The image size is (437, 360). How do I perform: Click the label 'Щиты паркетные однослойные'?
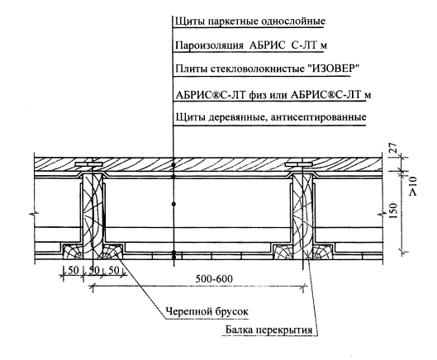(250, 21)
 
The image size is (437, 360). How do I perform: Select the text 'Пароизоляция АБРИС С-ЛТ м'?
(251, 45)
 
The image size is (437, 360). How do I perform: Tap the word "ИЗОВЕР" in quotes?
(333, 69)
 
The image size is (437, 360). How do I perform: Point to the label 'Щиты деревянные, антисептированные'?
(271, 117)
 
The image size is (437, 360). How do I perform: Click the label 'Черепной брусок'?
(207, 311)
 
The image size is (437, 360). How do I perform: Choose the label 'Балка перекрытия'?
(268, 330)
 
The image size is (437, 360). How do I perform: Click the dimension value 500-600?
(214, 278)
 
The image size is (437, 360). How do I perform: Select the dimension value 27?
(393, 148)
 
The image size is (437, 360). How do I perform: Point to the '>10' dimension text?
(412, 186)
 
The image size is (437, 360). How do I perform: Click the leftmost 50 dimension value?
(73, 270)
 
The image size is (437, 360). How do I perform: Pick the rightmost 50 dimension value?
(113, 270)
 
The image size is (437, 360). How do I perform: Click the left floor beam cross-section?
(93, 216)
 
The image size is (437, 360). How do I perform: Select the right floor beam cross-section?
(302, 216)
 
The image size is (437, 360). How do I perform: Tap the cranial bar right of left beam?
(112, 251)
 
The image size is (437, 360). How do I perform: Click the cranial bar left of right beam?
(283, 251)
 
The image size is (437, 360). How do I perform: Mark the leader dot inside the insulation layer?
(173, 204)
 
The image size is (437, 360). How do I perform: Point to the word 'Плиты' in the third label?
(191, 69)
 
